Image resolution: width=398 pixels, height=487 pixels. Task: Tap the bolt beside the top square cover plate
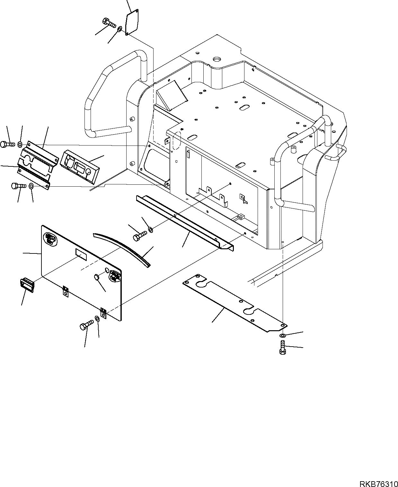pos(109,23)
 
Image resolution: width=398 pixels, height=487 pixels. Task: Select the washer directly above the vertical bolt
pos(282,336)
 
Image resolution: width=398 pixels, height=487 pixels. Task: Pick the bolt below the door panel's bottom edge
pos(85,325)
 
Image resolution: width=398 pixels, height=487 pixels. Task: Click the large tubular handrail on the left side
pos(109,93)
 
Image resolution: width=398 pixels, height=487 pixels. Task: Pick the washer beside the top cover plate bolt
pos(119,30)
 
